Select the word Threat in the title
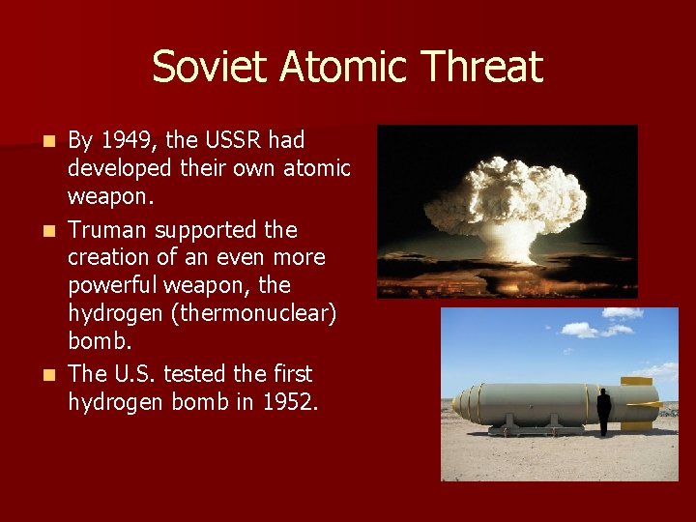(x=480, y=68)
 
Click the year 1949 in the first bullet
(x=124, y=141)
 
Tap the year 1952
(x=287, y=402)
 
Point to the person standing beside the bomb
(x=603, y=412)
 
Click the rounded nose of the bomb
(x=459, y=403)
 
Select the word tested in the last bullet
(x=203, y=373)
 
